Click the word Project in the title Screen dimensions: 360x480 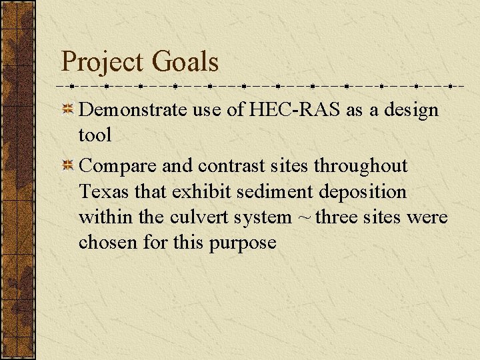tap(103, 63)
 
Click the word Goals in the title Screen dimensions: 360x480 tap(185, 62)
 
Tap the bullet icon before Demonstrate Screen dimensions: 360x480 tap(68, 110)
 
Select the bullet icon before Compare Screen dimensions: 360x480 tap(68, 165)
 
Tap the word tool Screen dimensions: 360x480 tap(95, 135)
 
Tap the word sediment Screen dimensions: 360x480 tap(267, 191)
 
